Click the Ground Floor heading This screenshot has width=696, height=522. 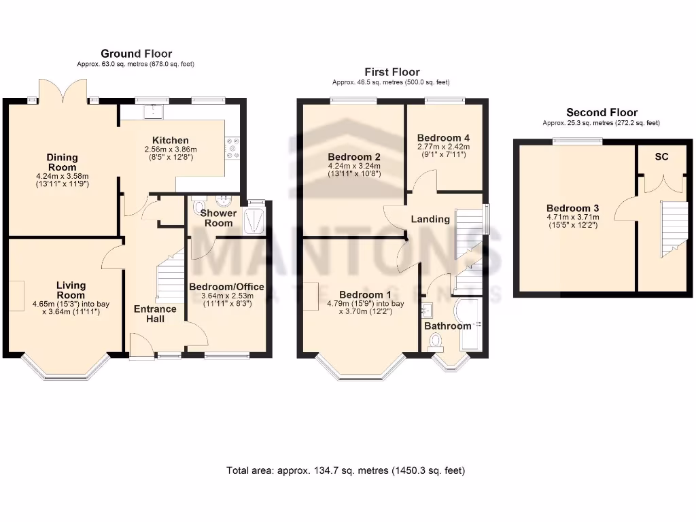136,54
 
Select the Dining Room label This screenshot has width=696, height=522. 62,162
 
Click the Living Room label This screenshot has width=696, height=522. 71,290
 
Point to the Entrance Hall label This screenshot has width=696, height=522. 154,314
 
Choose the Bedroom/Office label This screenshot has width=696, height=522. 226,287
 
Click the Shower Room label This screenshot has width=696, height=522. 218,218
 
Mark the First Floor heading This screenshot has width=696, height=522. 392,72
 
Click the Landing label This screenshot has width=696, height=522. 430,219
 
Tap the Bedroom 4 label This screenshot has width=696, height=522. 443,137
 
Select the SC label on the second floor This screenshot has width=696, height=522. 661,157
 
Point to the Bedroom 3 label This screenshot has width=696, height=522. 572,208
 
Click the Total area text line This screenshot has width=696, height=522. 346,470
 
